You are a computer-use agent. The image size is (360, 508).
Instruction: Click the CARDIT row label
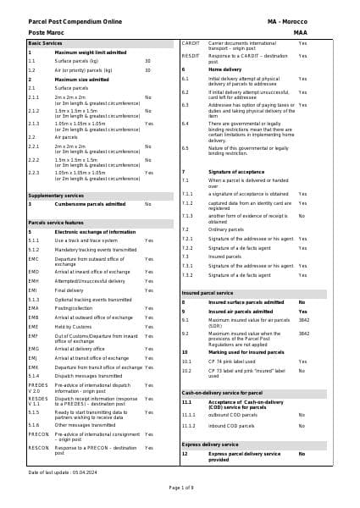tap(191, 42)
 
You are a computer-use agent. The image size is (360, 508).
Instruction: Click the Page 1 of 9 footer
tap(180, 488)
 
